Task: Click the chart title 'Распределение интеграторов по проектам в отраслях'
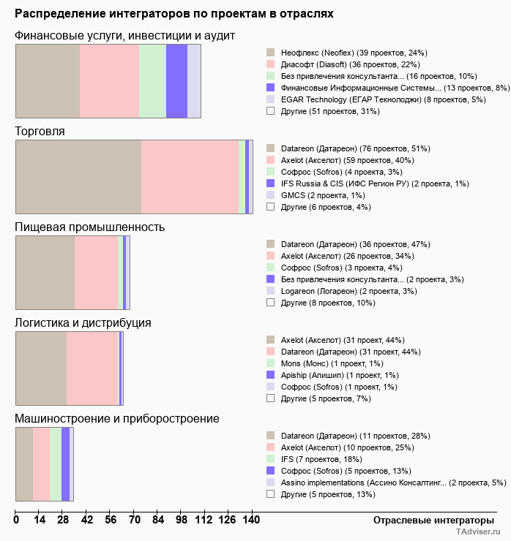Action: pyautogui.click(x=174, y=14)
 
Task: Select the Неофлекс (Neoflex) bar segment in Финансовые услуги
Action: pyautogui.click(x=48, y=80)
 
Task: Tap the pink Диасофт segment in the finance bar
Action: pyautogui.click(x=109, y=80)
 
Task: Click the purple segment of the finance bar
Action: pyautogui.click(x=176, y=80)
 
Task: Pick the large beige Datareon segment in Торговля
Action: pyautogui.click(x=78, y=176)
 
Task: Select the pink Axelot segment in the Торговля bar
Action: pyautogui.click(x=190, y=176)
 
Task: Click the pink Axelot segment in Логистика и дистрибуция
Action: pyautogui.click(x=92, y=368)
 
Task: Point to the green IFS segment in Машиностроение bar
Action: pyautogui.click(x=56, y=464)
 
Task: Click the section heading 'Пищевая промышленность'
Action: pyautogui.click(x=90, y=227)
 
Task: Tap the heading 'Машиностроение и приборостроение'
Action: pyautogui.click(x=117, y=419)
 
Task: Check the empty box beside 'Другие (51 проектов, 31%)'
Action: pyautogui.click(x=270, y=111)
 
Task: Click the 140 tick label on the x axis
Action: pyautogui.click(x=251, y=520)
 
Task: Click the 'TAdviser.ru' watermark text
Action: pyautogui.click(x=479, y=532)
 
